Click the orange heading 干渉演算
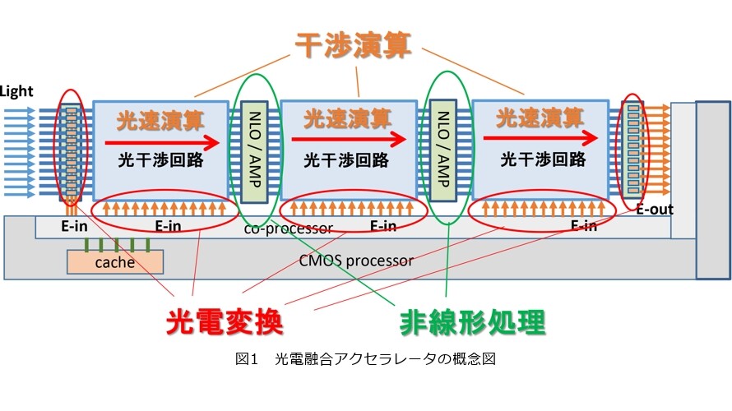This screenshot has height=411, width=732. (x=354, y=45)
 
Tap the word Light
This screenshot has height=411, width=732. (x=16, y=91)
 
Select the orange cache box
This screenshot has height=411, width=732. (x=115, y=261)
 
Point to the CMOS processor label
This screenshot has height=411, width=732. (x=356, y=261)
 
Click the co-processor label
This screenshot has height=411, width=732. (x=288, y=229)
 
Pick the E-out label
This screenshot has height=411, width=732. (x=655, y=210)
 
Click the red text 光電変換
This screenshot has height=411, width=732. (x=225, y=321)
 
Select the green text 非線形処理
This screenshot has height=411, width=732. (x=472, y=322)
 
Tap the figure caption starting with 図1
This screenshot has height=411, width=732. (x=365, y=358)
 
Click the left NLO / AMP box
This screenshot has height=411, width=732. (x=254, y=151)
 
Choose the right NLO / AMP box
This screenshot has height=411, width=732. (x=442, y=150)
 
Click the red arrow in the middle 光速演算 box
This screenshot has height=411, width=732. (x=349, y=139)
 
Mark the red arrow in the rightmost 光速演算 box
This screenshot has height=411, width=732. (x=540, y=137)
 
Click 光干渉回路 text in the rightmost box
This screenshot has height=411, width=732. (x=543, y=159)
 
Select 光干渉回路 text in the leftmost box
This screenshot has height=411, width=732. (x=160, y=160)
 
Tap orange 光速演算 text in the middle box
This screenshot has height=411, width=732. (x=347, y=118)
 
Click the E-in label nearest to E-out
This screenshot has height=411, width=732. (x=584, y=226)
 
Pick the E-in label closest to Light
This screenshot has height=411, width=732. (x=74, y=226)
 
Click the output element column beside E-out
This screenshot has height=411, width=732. (x=633, y=150)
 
